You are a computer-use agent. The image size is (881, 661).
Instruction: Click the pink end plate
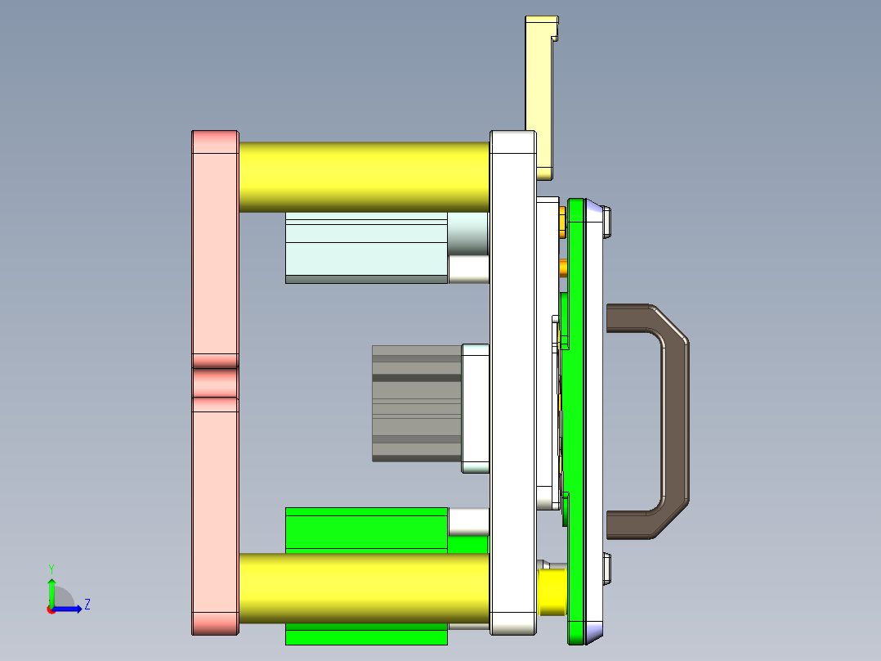click(215, 245)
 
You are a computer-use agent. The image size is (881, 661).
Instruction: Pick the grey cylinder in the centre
click(416, 403)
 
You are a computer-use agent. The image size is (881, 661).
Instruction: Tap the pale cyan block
click(365, 247)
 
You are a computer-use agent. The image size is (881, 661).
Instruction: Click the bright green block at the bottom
click(365, 528)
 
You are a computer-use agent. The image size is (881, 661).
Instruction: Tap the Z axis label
click(87, 605)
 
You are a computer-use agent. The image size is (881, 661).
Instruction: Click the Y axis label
click(51, 568)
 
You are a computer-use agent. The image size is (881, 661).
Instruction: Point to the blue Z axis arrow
click(69, 609)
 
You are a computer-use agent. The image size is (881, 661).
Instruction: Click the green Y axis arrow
click(51, 591)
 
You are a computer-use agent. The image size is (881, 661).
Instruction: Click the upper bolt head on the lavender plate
click(607, 222)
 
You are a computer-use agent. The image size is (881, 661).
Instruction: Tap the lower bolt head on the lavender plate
click(607, 569)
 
